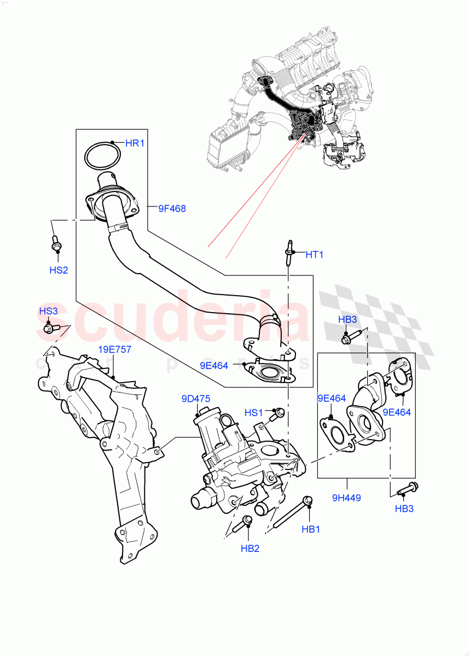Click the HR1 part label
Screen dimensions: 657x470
pos(134,143)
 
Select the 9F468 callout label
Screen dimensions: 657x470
pos(172,208)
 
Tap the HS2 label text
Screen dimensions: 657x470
pos(59,270)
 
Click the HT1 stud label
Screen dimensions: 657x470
pos(315,254)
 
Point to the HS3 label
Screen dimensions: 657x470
pos(48,311)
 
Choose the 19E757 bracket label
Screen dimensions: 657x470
pos(114,350)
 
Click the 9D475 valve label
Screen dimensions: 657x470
pos(196,399)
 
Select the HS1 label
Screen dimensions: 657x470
pos(254,412)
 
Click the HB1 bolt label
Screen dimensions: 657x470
pos(310,530)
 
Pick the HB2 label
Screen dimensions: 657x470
pos(250,548)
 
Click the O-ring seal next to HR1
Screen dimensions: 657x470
pos(102,155)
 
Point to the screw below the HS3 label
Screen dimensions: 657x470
pos(50,328)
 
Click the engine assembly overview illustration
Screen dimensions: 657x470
pos(290,104)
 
